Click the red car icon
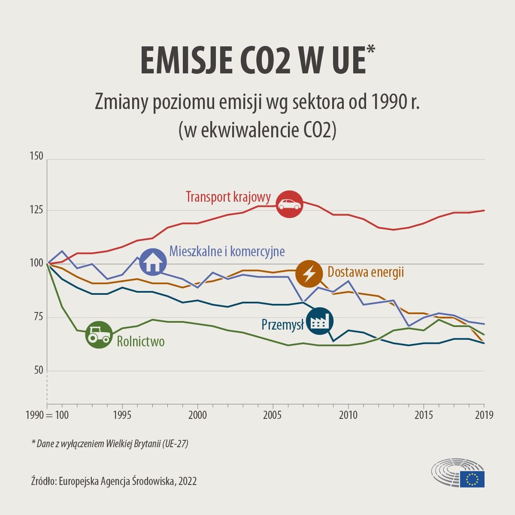[x=289, y=204]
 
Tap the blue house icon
[x=153, y=261]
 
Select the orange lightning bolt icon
[x=309, y=273]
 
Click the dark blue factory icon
[x=319, y=321]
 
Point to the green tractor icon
[x=99, y=335]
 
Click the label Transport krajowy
[x=228, y=197]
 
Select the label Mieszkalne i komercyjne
[x=227, y=251]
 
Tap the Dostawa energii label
[x=366, y=272]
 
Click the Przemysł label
[x=282, y=324]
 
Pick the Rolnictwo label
[x=141, y=342]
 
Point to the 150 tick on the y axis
[x=36, y=156]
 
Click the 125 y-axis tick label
[x=36, y=210]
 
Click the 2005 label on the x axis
[x=273, y=415]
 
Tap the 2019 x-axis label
[x=484, y=415]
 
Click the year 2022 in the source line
[x=188, y=481]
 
